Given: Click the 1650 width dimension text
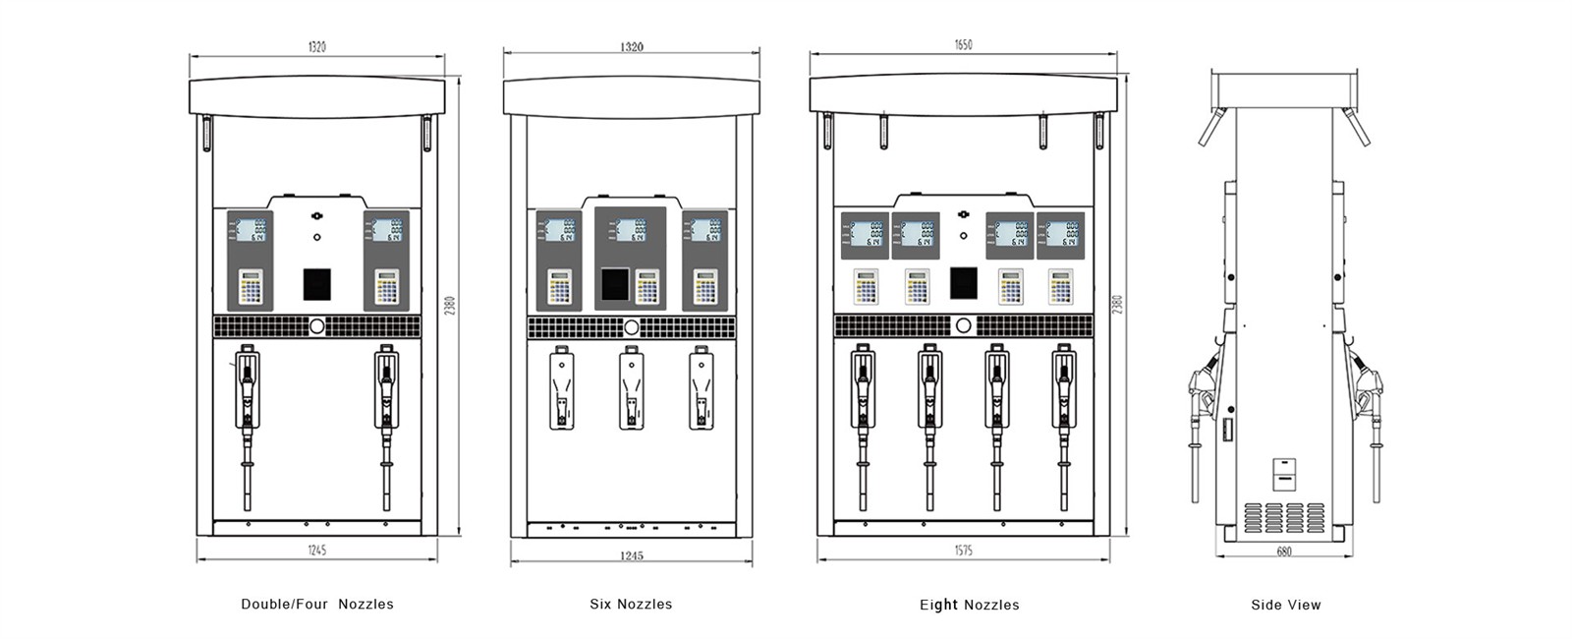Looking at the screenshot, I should point(963,45).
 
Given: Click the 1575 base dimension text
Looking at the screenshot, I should point(963,551).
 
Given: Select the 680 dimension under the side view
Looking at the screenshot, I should point(1284,552).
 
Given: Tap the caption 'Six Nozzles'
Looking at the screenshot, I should point(631,605).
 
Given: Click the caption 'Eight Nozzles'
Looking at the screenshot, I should point(969,605).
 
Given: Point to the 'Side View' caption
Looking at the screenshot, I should point(1285,605).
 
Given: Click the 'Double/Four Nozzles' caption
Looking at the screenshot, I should point(316,605).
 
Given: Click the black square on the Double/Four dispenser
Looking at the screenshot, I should point(316,283).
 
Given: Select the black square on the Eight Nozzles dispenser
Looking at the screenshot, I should point(963,283).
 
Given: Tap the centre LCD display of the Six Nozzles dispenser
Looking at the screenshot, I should point(630,231).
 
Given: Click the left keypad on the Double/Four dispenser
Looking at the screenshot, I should point(252,287).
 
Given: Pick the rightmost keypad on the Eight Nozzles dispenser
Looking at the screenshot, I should point(1060,286).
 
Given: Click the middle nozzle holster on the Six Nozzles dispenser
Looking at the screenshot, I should point(631,389).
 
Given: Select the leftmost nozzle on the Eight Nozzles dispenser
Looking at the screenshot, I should point(863,413).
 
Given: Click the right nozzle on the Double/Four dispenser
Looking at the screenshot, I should point(386,413).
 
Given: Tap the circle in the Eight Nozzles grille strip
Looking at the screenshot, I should point(963,325).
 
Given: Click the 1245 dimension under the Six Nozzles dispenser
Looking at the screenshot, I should point(631,555).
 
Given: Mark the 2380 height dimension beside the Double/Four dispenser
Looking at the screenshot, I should point(450,305).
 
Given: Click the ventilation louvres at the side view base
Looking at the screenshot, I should point(1285,517).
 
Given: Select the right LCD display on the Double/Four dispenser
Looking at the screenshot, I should point(386,230).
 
